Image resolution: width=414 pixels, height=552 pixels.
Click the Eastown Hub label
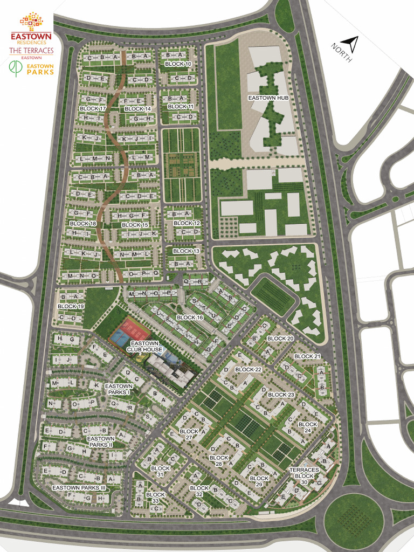coord(268,98)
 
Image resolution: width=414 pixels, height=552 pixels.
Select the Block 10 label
coord(178,64)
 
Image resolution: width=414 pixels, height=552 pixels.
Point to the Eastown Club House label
coord(144,346)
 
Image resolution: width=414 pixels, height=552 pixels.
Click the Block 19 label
coord(71,306)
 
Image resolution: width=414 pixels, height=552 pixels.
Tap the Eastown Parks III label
coord(79,487)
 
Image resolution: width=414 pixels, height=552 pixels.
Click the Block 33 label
coord(155,498)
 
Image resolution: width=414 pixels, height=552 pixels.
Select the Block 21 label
coord(307,357)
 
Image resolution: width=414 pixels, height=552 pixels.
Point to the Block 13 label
coord(187,251)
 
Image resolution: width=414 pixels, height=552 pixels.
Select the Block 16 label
coord(190,318)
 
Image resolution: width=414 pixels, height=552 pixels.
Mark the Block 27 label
coord(189,434)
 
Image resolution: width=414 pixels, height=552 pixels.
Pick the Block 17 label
coord(93,109)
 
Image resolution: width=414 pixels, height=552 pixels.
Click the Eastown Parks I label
coord(119,389)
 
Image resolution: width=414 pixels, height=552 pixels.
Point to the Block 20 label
coord(280,339)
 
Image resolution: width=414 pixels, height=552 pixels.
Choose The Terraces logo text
coord(31,51)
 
